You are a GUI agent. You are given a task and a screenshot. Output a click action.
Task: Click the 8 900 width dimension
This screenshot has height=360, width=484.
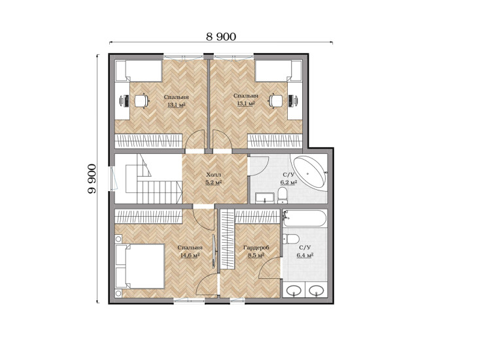pyautogui.click(x=221, y=37)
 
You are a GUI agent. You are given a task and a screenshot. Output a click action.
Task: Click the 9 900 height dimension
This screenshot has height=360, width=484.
pyautogui.click(x=92, y=179)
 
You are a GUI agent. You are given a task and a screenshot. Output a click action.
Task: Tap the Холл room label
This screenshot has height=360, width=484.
pyautogui.click(x=214, y=175)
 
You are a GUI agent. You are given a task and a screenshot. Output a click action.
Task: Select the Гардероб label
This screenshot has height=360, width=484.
pyautogui.click(x=256, y=247)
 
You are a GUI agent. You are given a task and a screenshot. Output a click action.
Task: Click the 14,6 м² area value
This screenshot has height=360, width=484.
pyautogui.click(x=190, y=255)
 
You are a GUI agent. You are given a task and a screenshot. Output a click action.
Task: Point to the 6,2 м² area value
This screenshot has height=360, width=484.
pyautogui.click(x=288, y=183)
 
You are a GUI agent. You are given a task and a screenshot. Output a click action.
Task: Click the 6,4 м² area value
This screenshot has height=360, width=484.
pyautogui.click(x=305, y=255)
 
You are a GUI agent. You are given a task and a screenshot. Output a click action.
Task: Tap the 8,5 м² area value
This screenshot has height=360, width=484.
pyautogui.click(x=256, y=255)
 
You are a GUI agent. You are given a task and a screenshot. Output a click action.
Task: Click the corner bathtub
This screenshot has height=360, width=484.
pyautogui.click(x=309, y=171)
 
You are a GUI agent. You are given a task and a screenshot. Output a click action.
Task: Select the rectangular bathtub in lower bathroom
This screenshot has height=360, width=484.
pyautogui.click(x=304, y=219)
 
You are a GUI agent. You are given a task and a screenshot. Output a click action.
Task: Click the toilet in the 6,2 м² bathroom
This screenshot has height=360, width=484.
pyautogui.click(x=282, y=196)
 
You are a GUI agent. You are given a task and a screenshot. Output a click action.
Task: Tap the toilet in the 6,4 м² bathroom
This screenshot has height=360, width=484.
pyautogui.click(x=290, y=239)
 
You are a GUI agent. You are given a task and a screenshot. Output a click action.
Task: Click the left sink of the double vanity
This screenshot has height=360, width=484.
pyautogui.click(x=294, y=290)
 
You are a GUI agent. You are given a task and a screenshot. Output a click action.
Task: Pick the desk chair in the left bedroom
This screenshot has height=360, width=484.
pyautogui.click(x=142, y=100)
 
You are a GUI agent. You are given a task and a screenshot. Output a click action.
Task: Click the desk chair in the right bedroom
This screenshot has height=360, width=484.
pyautogui.click(x=275, y=100)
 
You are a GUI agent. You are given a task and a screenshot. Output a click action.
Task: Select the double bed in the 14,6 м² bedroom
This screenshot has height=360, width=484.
pyautogui.click(x=140, y=266)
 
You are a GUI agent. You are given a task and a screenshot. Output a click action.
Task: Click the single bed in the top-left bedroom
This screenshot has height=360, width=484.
pyautogui.click(x=139, y=71)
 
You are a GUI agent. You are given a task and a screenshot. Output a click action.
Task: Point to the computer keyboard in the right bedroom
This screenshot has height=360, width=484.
pyautogui.click(x=290, y=101)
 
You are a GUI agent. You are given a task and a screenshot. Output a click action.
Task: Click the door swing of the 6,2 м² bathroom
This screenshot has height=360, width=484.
pyautogui.click(x=259, y=166)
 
